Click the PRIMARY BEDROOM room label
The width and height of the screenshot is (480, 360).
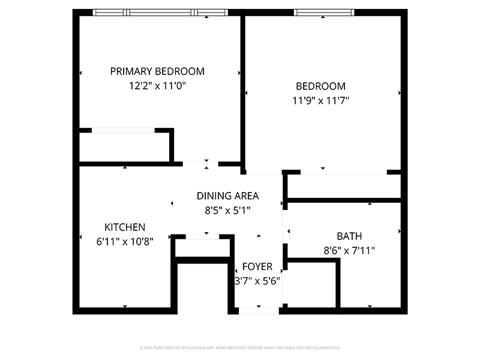pos(157,71)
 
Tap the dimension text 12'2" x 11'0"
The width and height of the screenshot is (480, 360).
pos(157,86)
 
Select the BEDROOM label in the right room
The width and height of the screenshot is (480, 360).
pos(320,86)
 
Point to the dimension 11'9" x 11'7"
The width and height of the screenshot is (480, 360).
pos(320,101)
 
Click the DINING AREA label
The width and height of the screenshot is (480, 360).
pos(227,196)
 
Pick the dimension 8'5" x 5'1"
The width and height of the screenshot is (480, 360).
pos(227,210)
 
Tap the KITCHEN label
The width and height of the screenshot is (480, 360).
pos(125,227)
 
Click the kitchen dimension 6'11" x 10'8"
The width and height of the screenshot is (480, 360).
pos(125,242)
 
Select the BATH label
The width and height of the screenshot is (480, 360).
pos(349,236)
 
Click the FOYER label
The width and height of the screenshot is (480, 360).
pos(257,266)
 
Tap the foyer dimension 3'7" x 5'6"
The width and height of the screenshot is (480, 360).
pos(257,280)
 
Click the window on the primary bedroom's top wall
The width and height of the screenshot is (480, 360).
pos(160,12)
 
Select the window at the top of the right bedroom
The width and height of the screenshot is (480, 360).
pos(323,12)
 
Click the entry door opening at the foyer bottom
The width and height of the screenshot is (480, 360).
pos(259,311)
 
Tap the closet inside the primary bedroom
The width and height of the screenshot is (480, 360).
pos(125,146)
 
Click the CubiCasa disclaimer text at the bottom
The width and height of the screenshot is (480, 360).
pos(240,348)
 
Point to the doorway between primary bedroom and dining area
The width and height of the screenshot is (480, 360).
pos(200,163)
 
